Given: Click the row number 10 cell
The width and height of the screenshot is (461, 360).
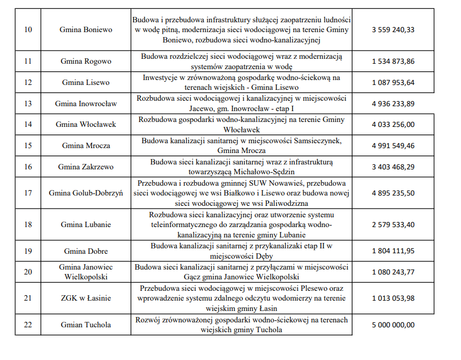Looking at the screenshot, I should (28, 29).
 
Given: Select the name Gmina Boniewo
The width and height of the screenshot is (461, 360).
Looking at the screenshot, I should (86, 29).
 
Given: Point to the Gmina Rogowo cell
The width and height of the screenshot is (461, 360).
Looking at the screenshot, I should (86, 61).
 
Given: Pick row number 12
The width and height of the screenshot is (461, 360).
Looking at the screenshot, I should (28, 82).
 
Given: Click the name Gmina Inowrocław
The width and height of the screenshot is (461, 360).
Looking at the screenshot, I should (86, 103).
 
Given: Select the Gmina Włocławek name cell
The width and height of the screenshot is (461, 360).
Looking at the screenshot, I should (86, 124).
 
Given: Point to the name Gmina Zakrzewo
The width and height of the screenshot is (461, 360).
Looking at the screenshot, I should (86, 166).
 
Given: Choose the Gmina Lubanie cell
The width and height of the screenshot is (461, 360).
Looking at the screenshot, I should (86, 224).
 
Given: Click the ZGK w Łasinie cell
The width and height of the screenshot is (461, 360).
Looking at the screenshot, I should (86, 298).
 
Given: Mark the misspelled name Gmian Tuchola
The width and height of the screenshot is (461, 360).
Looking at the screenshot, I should (86, 325).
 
